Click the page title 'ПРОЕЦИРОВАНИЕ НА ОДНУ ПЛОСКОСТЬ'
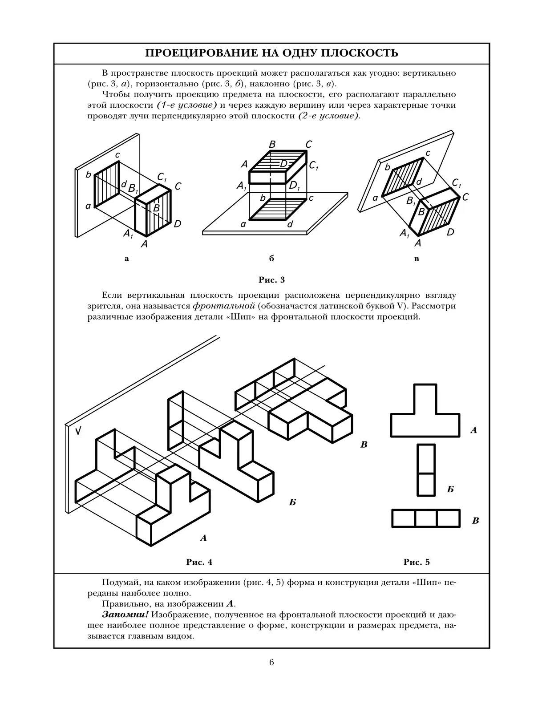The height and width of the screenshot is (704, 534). [271, 53]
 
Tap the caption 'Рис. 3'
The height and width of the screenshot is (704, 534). [271, 280]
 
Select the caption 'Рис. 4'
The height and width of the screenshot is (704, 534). [199, 562]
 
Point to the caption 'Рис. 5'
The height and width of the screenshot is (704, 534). [417, 562]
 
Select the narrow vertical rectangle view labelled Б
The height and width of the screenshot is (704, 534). [426, 470]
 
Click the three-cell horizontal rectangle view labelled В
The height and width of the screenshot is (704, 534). [426, 518]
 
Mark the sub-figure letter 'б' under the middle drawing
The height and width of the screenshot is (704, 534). [271, 259]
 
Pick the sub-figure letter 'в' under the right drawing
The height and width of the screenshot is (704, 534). [417, 259]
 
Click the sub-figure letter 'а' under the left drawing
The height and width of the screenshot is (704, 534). [127, 259]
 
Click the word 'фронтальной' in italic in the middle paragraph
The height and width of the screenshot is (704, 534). [224, 306]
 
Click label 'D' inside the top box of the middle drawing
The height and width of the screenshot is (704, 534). [283, 164]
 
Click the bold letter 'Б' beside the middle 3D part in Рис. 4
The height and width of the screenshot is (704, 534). [292, 502]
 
